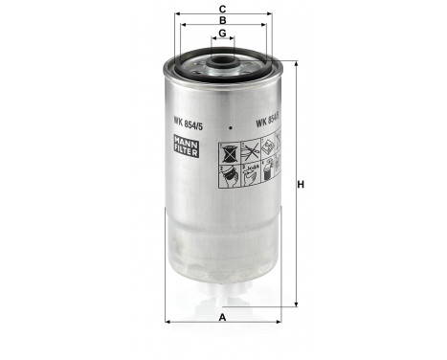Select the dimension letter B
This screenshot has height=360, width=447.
tap(222, 19)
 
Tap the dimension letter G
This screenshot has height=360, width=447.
tap(222, 34)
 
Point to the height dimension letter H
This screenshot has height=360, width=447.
tap(300, 185)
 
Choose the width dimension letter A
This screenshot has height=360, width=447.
tap(222, 317)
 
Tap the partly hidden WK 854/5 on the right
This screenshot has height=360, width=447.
tap(265, 122)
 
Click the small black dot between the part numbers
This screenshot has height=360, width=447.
tap(230, 124)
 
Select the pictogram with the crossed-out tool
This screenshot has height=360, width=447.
tap(251, 148)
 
